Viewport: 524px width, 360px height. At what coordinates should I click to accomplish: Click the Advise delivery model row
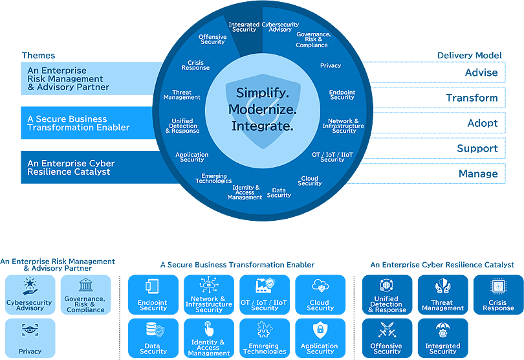481,73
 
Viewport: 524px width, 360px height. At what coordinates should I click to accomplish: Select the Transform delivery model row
472,98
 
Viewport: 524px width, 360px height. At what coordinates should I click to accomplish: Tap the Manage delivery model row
478,174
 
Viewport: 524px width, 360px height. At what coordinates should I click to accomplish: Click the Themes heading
39,56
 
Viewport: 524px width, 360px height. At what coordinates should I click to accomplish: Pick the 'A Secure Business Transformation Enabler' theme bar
78,123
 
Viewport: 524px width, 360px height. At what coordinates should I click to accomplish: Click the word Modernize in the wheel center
262,109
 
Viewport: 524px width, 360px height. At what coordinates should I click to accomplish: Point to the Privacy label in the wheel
331,66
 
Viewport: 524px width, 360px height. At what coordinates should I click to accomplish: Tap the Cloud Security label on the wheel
310,181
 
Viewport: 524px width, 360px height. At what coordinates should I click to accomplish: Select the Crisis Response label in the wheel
195,65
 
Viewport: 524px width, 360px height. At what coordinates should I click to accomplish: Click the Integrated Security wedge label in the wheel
244,27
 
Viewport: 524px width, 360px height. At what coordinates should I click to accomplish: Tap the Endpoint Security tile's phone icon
153,286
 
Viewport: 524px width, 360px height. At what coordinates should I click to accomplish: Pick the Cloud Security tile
320,295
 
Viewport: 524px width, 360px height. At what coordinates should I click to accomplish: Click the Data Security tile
153,338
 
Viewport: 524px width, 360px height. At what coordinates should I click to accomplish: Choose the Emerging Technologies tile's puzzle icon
264,330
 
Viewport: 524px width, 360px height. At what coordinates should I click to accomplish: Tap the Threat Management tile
442,295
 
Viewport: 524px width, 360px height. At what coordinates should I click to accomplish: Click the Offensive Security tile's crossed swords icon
387,330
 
